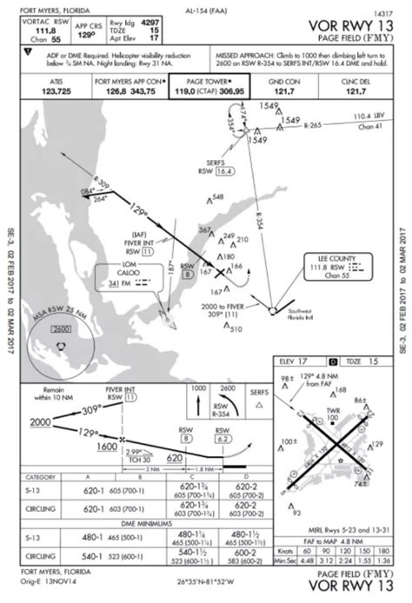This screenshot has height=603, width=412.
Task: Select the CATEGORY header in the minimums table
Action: (x=43, y=479)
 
